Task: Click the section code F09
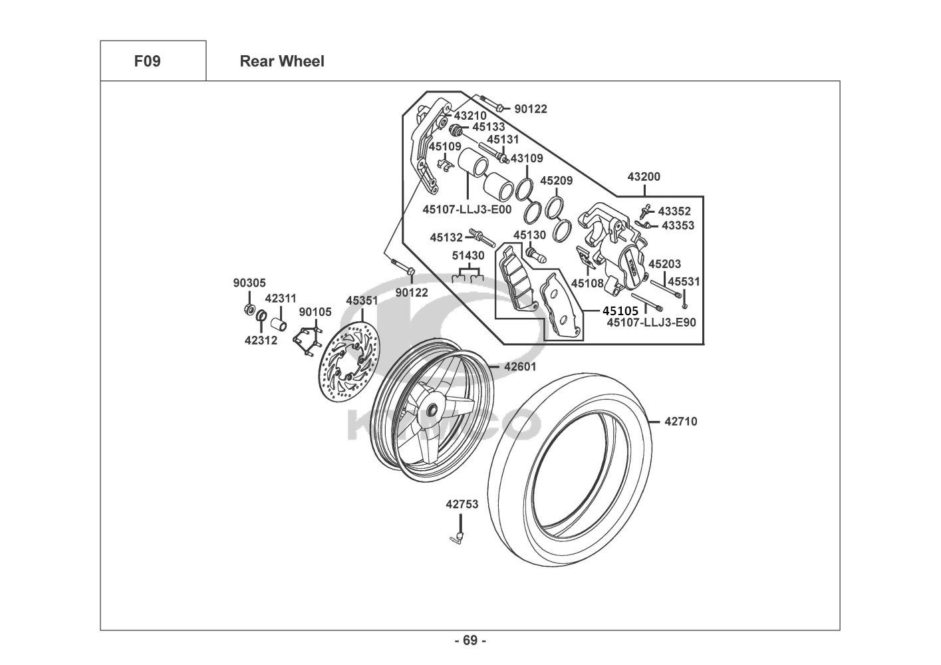pyautogui.click(x=147, y=61)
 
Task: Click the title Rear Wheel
pyautogui.click(x=282, y=61)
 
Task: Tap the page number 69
pyautogui.click(x=470, y=640)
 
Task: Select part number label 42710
pyautogui.click(x=681, y=421)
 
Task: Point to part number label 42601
pyautogui.click(x=520, y=366)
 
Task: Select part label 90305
pyautogui.click(x=249, y=283)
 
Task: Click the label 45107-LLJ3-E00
pyautogui.click(x=467, y=209)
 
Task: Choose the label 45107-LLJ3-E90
pyautogui.click(x=651, y=323)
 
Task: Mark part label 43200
pyautogui.click(x=644, y=178)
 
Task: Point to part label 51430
pyautogui.click(x=468, y=255)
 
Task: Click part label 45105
pyautogui.click(x=620, y=311)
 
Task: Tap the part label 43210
pyautogui.click(x=470, y=116)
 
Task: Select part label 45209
pyautogui.click(x=556, y=181)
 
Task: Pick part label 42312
pyautogui.click(x=261, y=340)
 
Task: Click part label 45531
pyautogui.click(x=684, y=281)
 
